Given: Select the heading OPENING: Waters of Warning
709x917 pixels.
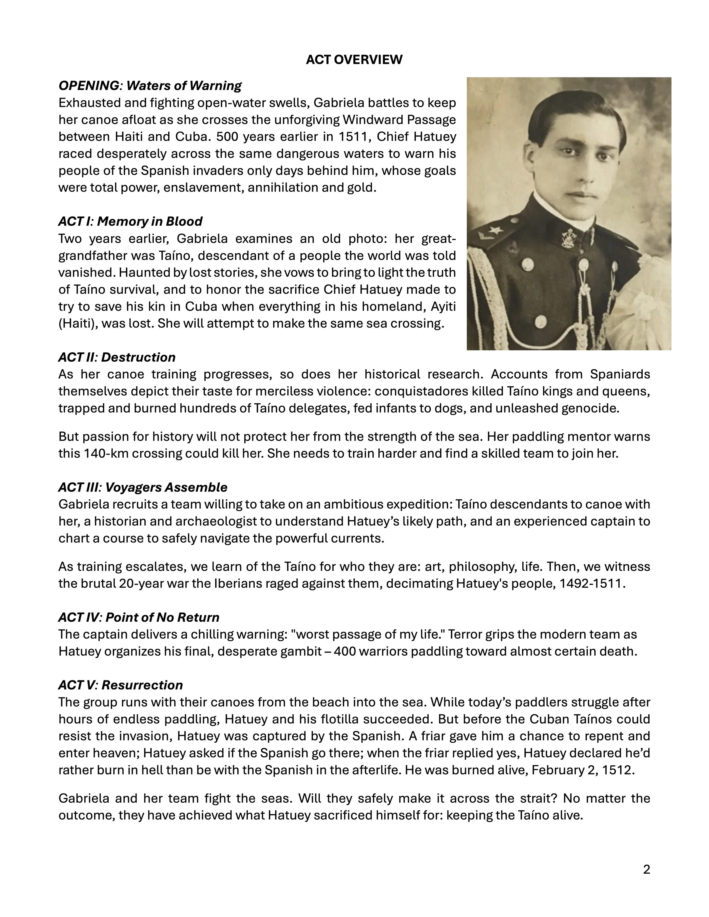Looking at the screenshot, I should pyautogui.click(x=150, y=86).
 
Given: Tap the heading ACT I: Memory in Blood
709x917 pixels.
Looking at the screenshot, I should pyautogui.click(x=130, y=221).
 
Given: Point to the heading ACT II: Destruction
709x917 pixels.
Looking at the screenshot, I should pyautogui.click(x=117, y=357).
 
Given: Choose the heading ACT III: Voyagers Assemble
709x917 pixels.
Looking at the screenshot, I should pyautogui.click(x=143, y=488).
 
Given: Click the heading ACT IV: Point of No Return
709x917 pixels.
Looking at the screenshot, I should pyautogui.click(x=139, y=618).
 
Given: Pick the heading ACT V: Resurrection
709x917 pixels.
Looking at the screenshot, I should pyautogui.click(x=121, y=685).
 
